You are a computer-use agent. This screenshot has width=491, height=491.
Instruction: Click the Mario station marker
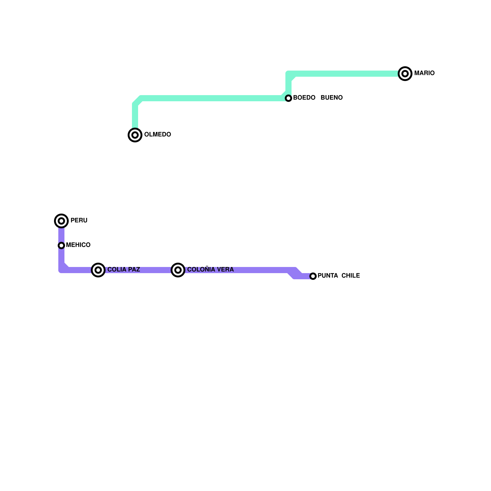tap(405, 74)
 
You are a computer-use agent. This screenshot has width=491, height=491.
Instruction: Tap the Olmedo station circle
tap(135, 135)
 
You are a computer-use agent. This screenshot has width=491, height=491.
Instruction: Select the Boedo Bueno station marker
tap(288, 98)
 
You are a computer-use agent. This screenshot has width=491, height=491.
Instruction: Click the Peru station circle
tap(61, 221)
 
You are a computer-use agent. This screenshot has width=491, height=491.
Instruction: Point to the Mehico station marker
tap(61, 245)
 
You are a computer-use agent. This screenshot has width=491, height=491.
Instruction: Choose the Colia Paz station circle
tap(98, 270)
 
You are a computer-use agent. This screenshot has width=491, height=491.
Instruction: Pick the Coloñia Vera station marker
tap(178, 270)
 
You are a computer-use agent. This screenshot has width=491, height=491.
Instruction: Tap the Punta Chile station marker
tap(313, 276)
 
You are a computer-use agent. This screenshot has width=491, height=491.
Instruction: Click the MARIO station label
tap(424, 73)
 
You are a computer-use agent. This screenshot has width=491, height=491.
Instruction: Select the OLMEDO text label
tap(157, 135)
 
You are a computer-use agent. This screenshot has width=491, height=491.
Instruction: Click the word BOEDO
tap(304, 98)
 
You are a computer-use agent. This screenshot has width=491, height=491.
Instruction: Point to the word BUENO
tap(331, 98)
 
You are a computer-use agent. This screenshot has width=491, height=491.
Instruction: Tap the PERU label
tap(79, 221)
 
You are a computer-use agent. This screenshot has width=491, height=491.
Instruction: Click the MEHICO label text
tap(78, 245)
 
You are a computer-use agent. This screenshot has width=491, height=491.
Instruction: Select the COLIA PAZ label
tap(124, 270)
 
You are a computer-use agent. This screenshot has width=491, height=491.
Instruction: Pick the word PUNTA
tap(328, 276)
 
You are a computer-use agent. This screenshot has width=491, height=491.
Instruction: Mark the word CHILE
tap(350, 276)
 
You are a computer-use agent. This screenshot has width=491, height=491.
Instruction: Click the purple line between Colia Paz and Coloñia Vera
tap(138, 270)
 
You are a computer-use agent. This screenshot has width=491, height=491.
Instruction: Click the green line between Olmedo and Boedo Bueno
tap(212, 98)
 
